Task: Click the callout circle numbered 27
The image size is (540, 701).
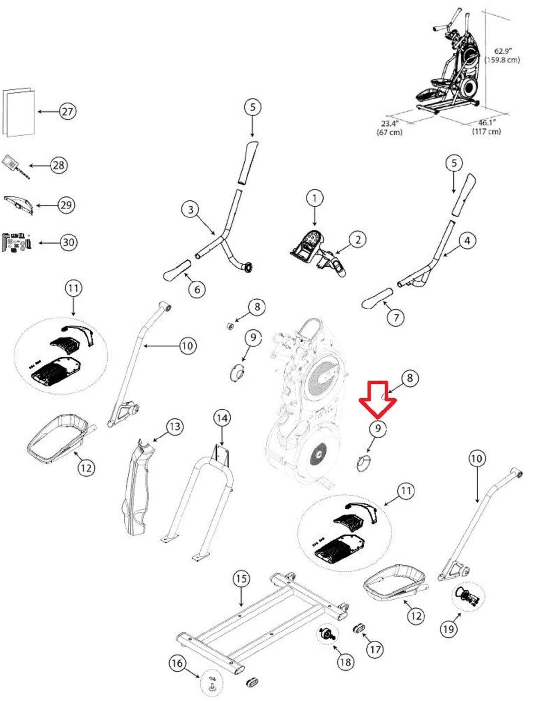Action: pyautogui.click(x=67, y=112)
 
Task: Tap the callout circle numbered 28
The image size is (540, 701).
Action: pyautogui.click(x=59, y=166)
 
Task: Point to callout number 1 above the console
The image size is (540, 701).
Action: pyautogui.click(x=314, y=198)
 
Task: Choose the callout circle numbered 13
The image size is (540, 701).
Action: pyautogui.click(x=175, y=427)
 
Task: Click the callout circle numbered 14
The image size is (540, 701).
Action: pyautogui.click(x=222, y=418)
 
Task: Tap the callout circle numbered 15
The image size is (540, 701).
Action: pyautogui.click(x=241, y=578)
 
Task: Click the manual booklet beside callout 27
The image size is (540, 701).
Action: pyautogui.click(x=18, y=112)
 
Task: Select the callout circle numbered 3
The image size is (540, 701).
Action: pyautogui.click(x=191, y=210)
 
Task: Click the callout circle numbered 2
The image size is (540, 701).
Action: pyautogui.click(x=357, y=239)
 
